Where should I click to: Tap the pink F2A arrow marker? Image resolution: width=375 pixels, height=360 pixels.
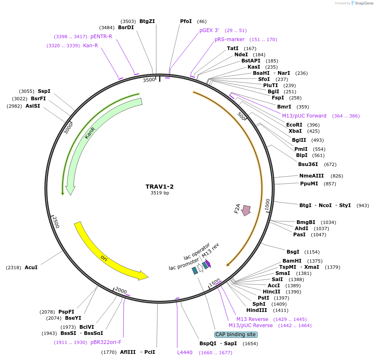tap(246, 210)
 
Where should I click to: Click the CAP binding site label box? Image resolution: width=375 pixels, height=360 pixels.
tap(236, 335)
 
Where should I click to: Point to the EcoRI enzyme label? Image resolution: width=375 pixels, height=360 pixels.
tap(294, 125)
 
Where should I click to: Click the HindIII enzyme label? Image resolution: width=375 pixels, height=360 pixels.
tap(257, 310)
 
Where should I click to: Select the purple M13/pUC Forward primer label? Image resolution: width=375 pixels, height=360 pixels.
tap(304, 116)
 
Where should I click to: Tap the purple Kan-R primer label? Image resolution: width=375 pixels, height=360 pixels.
tap(90, 46)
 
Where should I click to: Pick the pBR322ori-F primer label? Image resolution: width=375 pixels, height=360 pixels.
tap(106, 342)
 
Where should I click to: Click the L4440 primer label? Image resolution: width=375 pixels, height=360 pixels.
tap(185, 353)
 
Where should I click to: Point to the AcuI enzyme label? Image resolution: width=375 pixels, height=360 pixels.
tap(31, 268)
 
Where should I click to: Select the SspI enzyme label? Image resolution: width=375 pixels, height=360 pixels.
tap(44, 91)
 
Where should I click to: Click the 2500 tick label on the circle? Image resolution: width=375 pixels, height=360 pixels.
tap(56, 222)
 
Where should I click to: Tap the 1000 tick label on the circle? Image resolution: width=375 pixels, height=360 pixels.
tap(268, 205)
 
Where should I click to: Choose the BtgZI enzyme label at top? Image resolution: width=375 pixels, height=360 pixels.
tap(147, 21)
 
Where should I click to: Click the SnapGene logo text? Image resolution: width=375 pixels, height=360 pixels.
tap(362, 3)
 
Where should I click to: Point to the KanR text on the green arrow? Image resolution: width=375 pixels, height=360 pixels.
tap(90, 132)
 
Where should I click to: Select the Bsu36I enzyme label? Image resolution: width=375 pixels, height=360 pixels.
tap(308, 164)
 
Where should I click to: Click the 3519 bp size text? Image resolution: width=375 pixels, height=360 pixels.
tap(160, 193)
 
